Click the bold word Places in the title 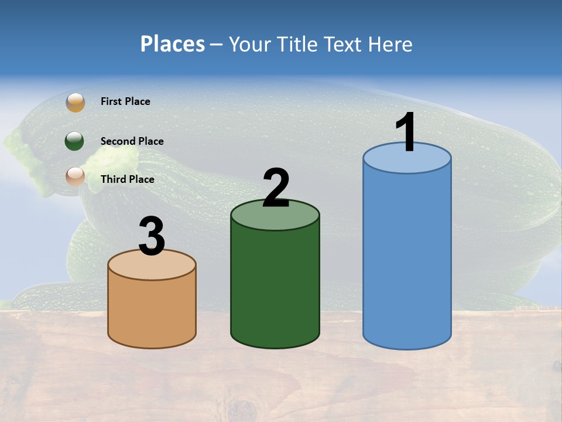pyautogui.click(x=173, y=44)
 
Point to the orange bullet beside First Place pyautogui.click(x=76, y=102)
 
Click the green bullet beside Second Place pyautogui.click(x=76, y=141)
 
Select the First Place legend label pyautogui.click(x=125, y=101)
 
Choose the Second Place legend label pyautogui.click(x=132, y=141)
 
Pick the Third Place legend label pyautogui.click(x=127, y=179)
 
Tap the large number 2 pyautogui.click(x=276, y=188)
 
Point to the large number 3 pyautogui.click(x=152, y=236)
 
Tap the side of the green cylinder pyautogui.click(x=275, y=287)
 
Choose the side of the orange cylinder pyautogui.click(x=152, y=311)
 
